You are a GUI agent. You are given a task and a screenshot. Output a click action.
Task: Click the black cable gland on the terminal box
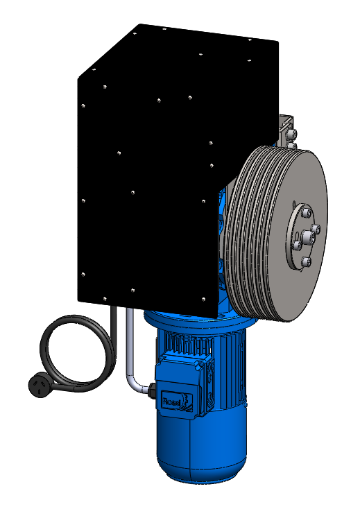point(152,392)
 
